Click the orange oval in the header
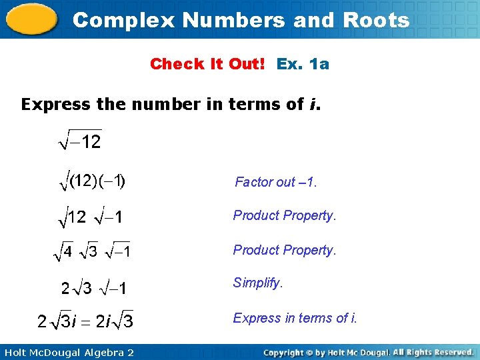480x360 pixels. [31, 19]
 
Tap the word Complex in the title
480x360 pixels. [124, 20]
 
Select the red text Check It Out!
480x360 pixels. [207, 64]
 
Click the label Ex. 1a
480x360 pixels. [303, 64]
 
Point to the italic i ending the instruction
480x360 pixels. [313, 105]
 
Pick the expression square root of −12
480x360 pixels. [79, 141]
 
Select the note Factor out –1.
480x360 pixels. [276, 182]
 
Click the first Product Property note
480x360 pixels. [285, 215]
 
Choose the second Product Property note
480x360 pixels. [285, 250]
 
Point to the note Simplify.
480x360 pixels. [258, 283]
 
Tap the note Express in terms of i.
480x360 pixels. [295, 318]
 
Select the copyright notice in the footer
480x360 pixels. [368, 351]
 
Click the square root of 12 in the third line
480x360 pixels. [71, 217]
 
